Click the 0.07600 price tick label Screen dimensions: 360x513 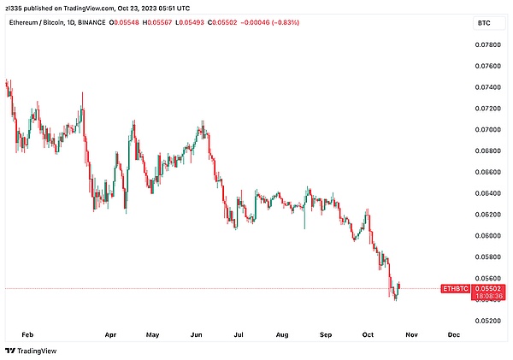click(x=488, y=66)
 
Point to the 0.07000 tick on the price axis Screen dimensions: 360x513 click(x=488, y=130)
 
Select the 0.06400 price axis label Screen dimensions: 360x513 click(x=488, y=193)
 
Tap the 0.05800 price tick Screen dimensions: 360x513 click(x=488, y=257)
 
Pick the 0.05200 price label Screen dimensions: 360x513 click(x=488, y=321)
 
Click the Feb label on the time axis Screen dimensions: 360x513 click(x=26, y=336)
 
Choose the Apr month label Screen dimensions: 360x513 click(x=109, y=336)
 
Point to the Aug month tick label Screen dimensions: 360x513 click(x=283, y=336)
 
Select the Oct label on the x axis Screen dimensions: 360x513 click(x=369, y=336)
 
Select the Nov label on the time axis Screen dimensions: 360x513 click(x=410, y=336)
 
